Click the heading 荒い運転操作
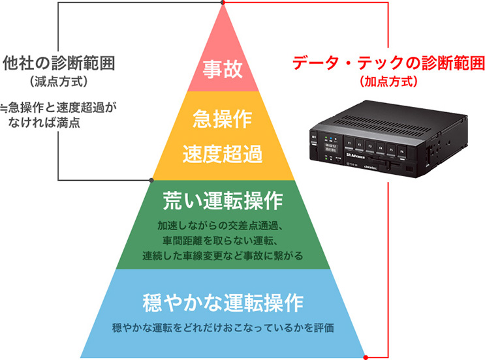click(223, 199)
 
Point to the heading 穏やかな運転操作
click(223, 303)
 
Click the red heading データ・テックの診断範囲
click(389, 63)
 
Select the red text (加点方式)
click(388, 83)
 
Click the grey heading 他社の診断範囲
click(59, 63)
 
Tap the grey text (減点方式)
click(58, 82)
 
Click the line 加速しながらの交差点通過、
click(223, 226)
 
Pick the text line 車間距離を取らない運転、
click(223, 240)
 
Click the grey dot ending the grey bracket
click(151, 179)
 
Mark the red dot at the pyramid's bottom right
click(366, 357)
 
